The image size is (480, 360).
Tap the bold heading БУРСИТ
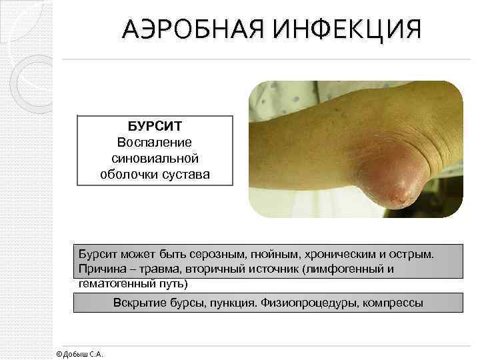pos(155,127)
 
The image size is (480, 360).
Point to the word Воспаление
pos(155,143)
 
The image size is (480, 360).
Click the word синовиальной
pos(155,159)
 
